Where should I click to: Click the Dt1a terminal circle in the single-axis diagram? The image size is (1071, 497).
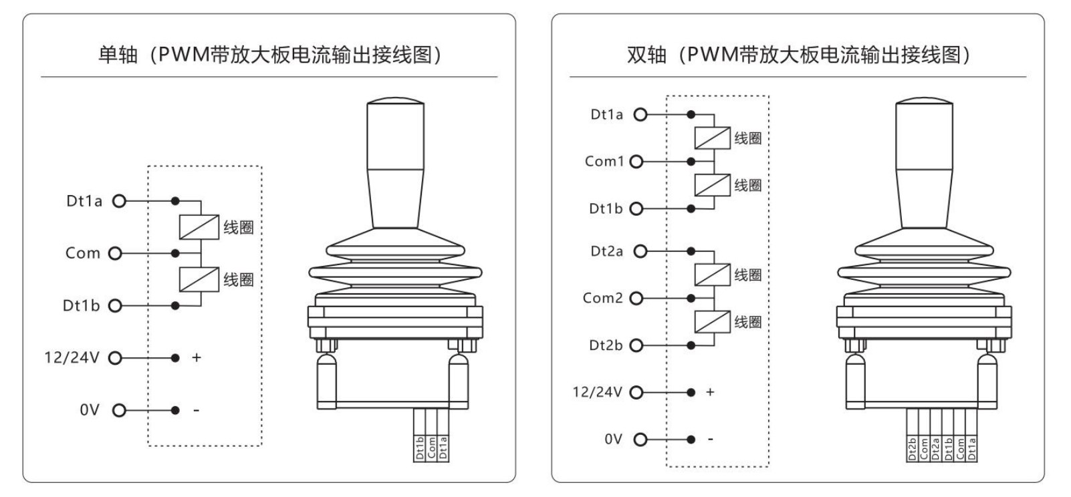click(119, 201)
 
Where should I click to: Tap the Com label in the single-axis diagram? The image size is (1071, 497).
click(83, 253)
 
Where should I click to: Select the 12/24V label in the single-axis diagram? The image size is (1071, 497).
click(72, 357)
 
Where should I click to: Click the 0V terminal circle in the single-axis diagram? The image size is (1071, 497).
click(119, 410)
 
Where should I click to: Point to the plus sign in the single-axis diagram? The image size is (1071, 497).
click(197, 357)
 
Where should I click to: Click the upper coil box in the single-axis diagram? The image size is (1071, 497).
click(199, 227)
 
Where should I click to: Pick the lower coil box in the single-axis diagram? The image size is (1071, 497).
click(199, 279)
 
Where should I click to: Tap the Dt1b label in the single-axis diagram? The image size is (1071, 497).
click(82, 305)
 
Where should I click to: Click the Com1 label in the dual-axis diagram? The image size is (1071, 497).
click(604, 162)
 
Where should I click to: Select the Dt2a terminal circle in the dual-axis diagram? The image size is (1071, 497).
click(640, 251)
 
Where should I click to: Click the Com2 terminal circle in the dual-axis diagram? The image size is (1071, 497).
click(636, 298)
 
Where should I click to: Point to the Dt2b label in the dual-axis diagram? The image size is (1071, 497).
click(606, 345)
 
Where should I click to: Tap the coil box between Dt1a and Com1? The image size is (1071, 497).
click(713, 138)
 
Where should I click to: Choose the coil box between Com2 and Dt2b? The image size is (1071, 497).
click(713, 321)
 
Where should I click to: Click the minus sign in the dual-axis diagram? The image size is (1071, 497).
click(711, 439)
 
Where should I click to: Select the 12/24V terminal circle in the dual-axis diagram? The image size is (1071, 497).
click(636, 392)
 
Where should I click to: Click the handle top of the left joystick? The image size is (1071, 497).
click(395, 101)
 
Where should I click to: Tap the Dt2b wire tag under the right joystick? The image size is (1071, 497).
click(913, 448)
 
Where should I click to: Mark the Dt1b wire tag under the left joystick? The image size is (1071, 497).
click(419, 448)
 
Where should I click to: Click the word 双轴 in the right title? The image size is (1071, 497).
click(647, 55)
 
